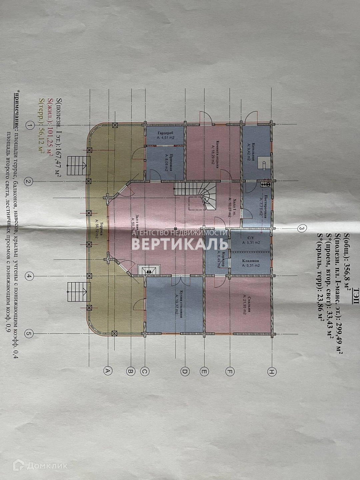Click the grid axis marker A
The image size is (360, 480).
point(107,370)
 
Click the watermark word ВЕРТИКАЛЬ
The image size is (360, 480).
point(180,244)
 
